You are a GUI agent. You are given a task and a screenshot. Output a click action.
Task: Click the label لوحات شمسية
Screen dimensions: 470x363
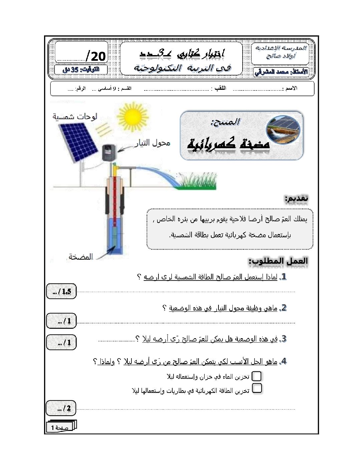[75, 116]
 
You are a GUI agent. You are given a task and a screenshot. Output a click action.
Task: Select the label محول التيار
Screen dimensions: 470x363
[152, 143]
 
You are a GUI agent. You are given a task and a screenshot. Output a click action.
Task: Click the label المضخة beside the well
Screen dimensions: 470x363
[80, 257]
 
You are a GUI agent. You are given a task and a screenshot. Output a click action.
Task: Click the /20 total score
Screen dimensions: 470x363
[95, 56]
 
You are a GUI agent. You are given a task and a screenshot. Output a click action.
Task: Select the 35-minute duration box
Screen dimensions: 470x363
[81, 69]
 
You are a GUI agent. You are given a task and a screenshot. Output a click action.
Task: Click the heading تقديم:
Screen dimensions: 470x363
[296, 198]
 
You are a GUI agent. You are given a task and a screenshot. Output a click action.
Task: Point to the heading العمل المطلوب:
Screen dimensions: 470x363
[278, 261]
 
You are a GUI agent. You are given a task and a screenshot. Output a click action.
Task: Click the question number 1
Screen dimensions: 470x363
[284, 276]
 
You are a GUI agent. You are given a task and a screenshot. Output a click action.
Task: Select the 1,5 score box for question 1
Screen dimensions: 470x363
[61, 291]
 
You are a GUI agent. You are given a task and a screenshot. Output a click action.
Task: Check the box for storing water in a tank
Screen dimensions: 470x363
[257, 376]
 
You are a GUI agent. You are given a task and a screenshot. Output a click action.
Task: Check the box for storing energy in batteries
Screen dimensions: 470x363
[257, 388]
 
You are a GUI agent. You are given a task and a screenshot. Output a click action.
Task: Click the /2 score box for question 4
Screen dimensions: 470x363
[61, 408]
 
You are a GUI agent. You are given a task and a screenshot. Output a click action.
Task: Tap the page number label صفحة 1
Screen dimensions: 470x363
[60, 427]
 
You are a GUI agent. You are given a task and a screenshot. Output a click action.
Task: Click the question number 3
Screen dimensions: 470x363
[283, 339]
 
